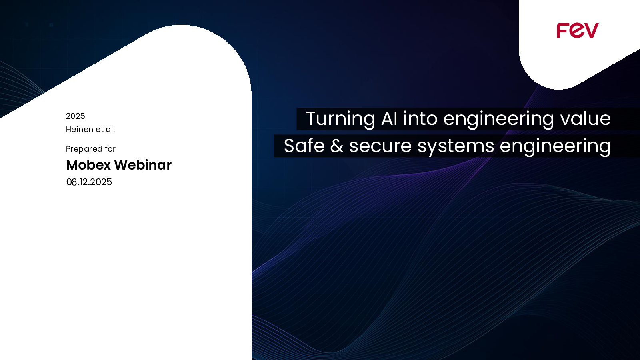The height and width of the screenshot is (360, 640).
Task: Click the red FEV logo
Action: click(x=578, y=30)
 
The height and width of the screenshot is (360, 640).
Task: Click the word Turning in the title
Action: click(x=340, y=119)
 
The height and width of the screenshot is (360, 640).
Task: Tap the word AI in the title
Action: click(x=389, y=118)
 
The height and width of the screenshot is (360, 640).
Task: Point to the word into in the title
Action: click(x=420, y=118)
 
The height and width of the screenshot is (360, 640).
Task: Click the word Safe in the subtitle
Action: click(x=304, y=146)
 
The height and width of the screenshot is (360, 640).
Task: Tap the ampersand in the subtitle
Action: click(x=337, y=146)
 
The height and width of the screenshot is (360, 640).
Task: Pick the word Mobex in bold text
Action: click(x=88, y=165)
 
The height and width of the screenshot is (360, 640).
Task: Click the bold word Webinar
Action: click(x=143, y=165)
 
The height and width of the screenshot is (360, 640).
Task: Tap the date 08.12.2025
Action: click(x=89, y=182)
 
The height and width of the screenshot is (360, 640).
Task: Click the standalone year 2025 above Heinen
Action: click(x=76, y=116)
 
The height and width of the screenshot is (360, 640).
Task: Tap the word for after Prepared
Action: click(x=110, y=149)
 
